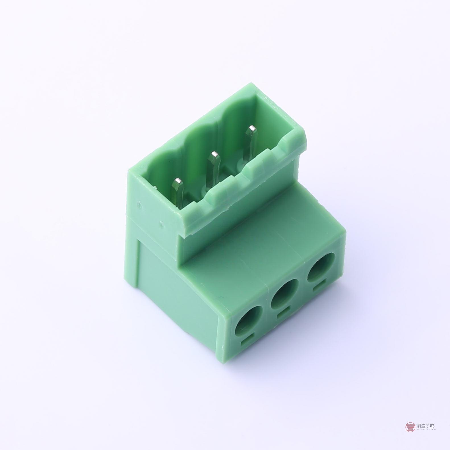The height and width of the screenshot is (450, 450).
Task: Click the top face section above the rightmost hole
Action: [313, 228]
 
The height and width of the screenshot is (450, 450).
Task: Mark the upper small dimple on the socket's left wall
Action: [139, 204]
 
